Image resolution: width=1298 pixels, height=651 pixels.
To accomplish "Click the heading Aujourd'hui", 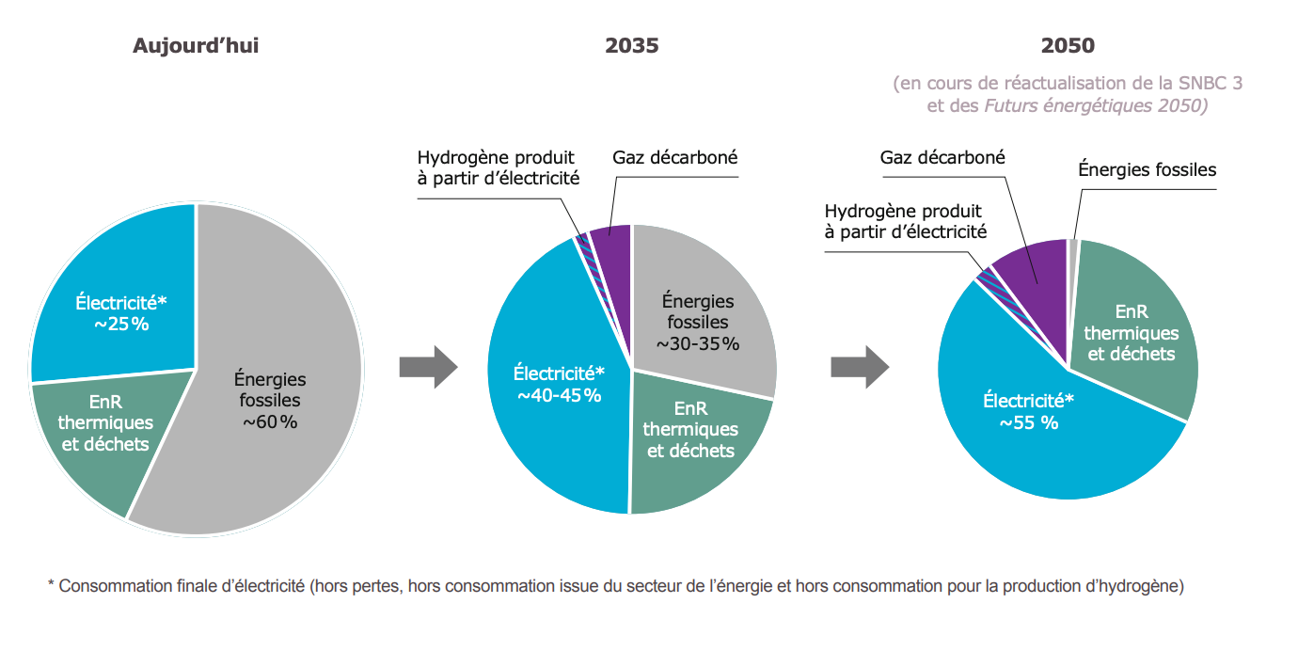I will pyautogui.click(x=195, y=46).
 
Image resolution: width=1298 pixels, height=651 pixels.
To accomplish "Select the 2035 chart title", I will pyautogui.click(x=631, y=46).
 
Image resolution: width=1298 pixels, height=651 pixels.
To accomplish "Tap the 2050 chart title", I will pyautogui.click(x=1068, y=46).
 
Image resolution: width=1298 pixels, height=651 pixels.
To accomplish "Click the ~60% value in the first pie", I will pyautogui.click(x=270, y=422).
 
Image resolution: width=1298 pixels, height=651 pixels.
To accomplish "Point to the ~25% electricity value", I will pyautogui.click(x=119, y=325).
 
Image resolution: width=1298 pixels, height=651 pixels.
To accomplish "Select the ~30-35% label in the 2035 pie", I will pyautogui.click(x=698, y=343).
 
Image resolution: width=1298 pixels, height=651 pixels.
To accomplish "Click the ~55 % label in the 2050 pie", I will pyautogui.click(x=1028, y=422).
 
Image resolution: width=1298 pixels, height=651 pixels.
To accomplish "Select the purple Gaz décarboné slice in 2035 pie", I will pyautogui.click(x=611, y=246).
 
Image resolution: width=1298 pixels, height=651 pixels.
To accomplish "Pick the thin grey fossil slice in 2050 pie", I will pyautogui.click(x=1073, y=246).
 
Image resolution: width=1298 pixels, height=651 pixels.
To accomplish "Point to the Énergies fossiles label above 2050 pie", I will pyautogui.click(x=1147, y=170).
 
